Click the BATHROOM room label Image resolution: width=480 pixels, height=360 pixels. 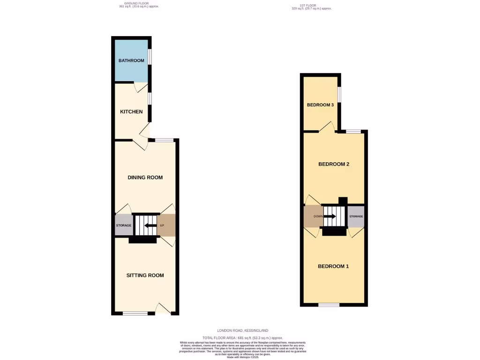[x=131, y=60]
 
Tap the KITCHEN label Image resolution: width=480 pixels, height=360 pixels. [x=131, y=112]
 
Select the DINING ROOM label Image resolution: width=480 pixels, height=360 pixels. [x=145, y=177]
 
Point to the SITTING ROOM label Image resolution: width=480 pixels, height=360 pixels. [x=145, y=275]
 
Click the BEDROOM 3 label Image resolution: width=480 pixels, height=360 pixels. [x=320, y=105]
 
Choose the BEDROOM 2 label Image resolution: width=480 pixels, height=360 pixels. [x=334, y=164]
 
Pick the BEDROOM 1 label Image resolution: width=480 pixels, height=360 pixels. [x=333, y=266]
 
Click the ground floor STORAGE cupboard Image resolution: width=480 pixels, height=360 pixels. [x=124, y=225]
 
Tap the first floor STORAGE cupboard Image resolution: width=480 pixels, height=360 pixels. [x=356, y=217]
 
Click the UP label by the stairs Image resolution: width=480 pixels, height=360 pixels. [x=162, y=225]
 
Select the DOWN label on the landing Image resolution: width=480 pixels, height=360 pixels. [x=312, y=217]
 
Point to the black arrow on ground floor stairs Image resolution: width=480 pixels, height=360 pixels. [x=150, y=225]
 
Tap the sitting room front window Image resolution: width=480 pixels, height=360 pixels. [x=135, y=313]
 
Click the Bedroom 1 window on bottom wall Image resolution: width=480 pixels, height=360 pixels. [x=329, y=305]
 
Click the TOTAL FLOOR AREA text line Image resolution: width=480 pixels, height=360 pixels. [x=242, y=337]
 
